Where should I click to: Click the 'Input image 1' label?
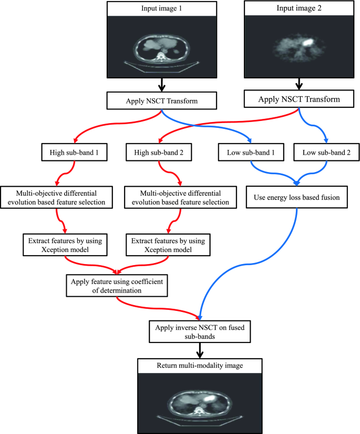pos(162,8)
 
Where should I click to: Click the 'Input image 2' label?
pos(300,8)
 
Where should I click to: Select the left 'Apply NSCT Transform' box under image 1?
pos(162,100)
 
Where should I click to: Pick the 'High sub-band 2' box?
pos(157,154)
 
